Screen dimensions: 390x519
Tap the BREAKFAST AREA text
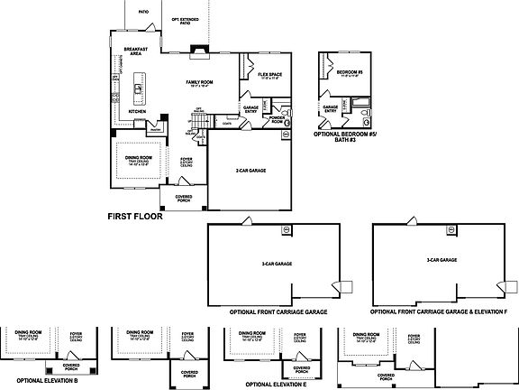137,51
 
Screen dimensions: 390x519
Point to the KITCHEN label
137,112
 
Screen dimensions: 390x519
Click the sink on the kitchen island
139,88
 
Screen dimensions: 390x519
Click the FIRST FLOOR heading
137,218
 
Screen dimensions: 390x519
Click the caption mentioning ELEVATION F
439,311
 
